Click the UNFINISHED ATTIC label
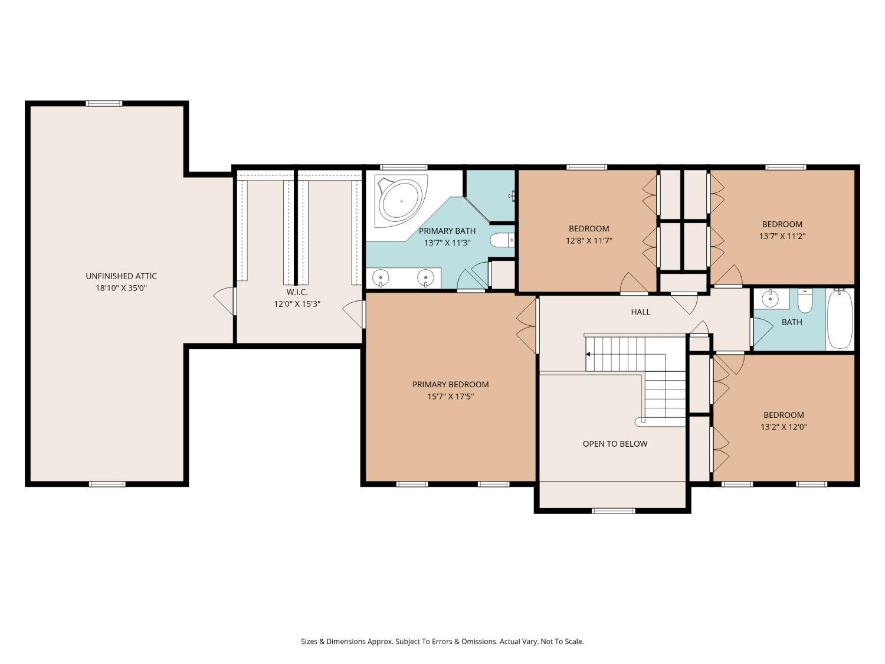pyautogui.click(x=121, y=276)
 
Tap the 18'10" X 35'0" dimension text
pyautogui.click(x=121, y=288)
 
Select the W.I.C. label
pyautogui.click(x=297, y=292)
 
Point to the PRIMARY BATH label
pyautogui.click(x=447, y=231)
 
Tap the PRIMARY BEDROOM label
pyautogui.click(x=450, y=385)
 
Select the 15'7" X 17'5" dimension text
pyautogui.click(x=450, y=396)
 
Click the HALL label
pyautogui.click(x=641, y=312)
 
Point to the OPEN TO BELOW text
pyautogui.click(x=615, y=444)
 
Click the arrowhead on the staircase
pyautogui.click(x=588, y=354)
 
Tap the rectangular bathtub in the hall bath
pyautogui.click(x=840, y=319)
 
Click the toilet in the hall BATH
pyautogui.click(x=805, y=301)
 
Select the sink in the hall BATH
pyautogui.click(x=771, y=299)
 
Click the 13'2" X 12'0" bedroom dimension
pyautogui.click(x=784, y=427)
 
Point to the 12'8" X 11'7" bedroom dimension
pyautogui.click(x=589, y=241)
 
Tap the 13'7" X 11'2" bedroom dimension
pyautogui.click(x=782, y=236)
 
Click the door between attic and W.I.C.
pyautogui.click(x=225, y=301)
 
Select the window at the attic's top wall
pyautogui.click(x=104, y=104)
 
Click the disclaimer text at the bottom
pyautogui.click(x=442, y=641)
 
